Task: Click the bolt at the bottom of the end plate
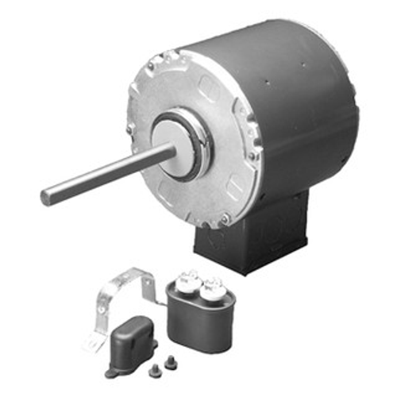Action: point(225,218)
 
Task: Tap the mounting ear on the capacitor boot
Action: point(110,371)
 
